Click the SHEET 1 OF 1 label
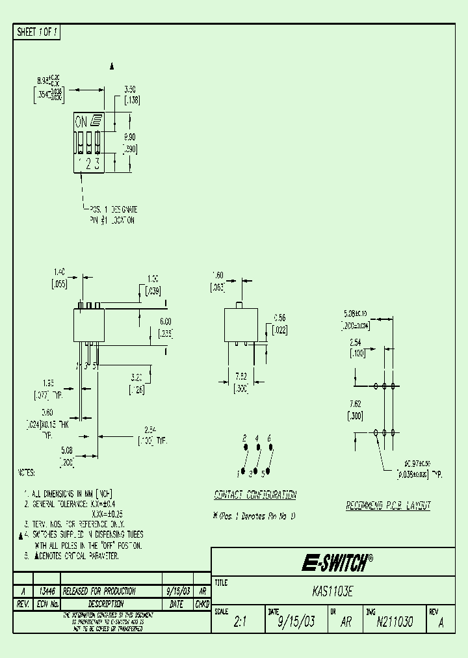(x=37, y=32)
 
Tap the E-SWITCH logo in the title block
(x=337, y=562)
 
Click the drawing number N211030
(x=395, y=622)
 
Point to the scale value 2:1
(x=240, y=622)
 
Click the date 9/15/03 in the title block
(x=296, y=622)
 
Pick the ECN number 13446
(x=46, y=591)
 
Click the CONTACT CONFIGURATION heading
(x=255, y=495)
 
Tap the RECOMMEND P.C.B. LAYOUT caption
(x=387, y=505)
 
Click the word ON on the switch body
(x=81, y=122)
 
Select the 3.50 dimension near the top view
(x=130, y=90)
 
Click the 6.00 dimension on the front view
(x=165, y=321)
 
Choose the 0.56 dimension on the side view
(x=279, y=318)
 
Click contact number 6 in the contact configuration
(x=269, y=438)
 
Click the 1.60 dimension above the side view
(x=218, y=275)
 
